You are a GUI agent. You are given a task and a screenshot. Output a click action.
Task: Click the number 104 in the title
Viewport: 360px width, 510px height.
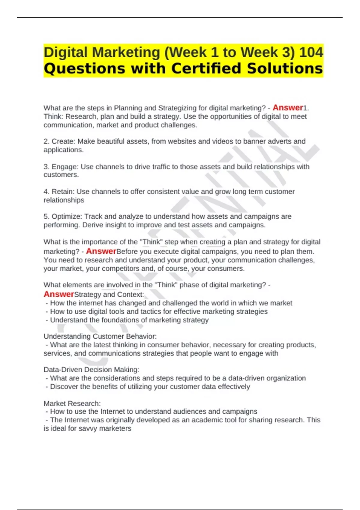(311, 52)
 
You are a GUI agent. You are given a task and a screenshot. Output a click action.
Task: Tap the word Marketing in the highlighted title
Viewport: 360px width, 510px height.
(126, 52)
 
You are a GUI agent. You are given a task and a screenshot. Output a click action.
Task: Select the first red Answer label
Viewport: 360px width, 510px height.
(288, 107)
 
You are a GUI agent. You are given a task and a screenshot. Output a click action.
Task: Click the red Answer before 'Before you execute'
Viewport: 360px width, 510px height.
(101, 251)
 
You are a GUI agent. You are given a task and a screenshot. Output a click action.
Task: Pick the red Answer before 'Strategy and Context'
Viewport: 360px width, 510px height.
(59, 294)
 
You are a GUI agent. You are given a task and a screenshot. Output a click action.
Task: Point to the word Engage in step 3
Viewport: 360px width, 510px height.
(64, 166)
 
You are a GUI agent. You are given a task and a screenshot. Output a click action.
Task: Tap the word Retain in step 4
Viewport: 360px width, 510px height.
(62, 191)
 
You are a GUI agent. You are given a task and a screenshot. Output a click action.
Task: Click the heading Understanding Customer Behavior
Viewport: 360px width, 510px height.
(100, 336)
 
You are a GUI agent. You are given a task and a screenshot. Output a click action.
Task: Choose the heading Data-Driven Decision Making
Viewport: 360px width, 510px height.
(91, 370)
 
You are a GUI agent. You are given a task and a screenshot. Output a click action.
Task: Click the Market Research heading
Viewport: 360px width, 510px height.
(72, 403)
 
